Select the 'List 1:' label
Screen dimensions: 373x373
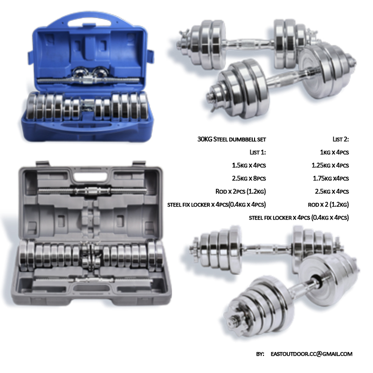(x=257, y=152)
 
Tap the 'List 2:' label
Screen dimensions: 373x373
(x=341, y=139)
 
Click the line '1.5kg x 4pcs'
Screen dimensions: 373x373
(x=249, y=165)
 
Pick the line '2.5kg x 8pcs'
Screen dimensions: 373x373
(x=249, y=178)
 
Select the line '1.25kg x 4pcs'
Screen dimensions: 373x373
(x=330, y=165)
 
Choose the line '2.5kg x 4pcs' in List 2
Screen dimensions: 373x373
(x=333, y=191)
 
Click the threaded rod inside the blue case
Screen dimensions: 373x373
(x=89, y=80)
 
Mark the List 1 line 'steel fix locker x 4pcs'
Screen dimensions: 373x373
(x=217, y=204)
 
